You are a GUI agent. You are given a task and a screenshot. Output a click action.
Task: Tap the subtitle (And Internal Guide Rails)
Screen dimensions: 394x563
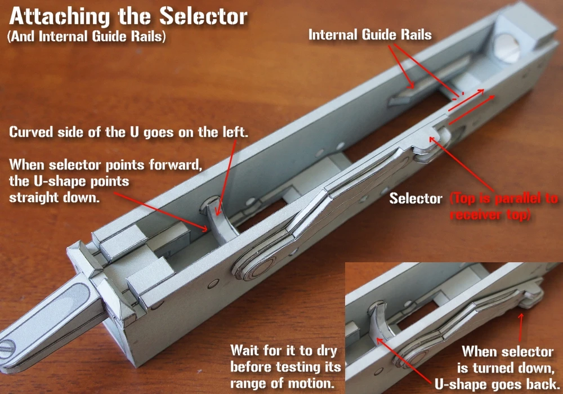(87, 37)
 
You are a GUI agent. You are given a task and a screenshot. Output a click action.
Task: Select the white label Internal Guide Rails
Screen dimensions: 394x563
(370, 35)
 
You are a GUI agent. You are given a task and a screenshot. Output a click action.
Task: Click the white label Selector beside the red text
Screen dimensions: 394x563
(416, 199)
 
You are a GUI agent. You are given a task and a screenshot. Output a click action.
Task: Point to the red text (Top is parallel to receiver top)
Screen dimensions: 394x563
(504, 207)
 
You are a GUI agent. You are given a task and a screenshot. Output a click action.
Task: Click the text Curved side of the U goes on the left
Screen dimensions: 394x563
(129, 133)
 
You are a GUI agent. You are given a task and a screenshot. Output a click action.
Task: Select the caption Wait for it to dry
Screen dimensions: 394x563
(284, 351)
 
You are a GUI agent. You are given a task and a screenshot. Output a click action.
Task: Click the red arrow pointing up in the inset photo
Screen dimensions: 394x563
(521, 326)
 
